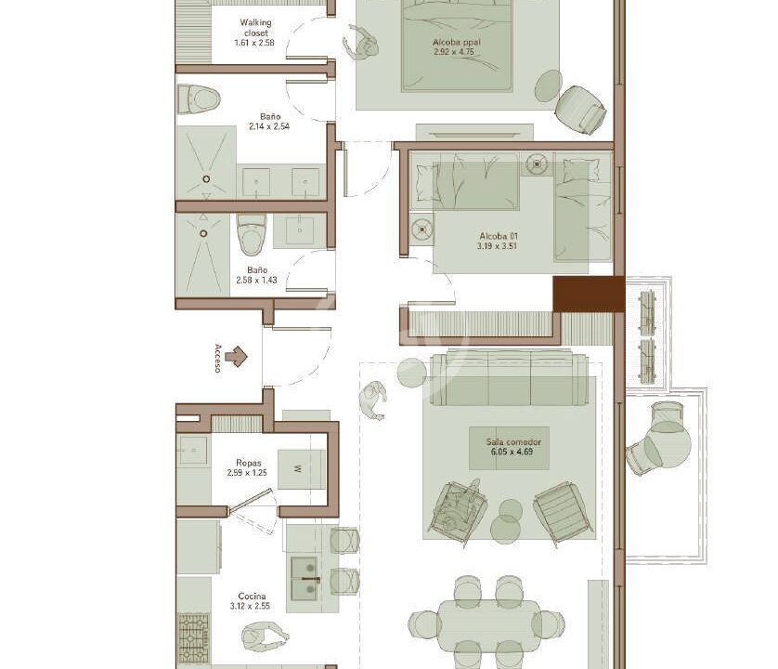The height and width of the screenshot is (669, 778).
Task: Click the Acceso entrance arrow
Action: click(236, 356)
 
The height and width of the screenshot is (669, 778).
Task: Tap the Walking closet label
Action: click(255, 27)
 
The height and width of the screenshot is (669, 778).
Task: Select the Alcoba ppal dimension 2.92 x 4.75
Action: click(453, 52)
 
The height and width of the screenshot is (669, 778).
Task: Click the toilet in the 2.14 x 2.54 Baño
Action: click(199, 98)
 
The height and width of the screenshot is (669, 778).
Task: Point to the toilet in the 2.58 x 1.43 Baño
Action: click(252, 234)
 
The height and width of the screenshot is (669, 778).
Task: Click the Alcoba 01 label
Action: click(499, 236)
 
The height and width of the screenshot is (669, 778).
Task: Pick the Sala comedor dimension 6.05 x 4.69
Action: click(512, 452)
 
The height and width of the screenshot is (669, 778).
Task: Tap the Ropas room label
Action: click(249, 463)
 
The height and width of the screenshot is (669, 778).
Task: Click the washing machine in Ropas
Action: click(301, 469)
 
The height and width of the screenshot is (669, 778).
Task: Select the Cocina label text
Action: click(252, 596)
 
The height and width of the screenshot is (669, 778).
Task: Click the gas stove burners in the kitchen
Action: click(194, 637)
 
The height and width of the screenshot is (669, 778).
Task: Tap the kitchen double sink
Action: click(305, 578)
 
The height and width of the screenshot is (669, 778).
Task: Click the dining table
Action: click(489, 625)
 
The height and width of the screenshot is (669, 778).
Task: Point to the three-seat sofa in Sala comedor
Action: click(510, 378)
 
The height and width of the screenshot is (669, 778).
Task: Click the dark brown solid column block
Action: click(589, 294)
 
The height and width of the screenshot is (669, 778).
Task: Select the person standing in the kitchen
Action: click(266, 636)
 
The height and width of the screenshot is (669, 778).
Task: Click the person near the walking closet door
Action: click(361, 44)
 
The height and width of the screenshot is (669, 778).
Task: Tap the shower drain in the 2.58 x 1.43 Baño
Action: click(203, 233)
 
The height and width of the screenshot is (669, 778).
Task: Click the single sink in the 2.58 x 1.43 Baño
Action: click(299, 231)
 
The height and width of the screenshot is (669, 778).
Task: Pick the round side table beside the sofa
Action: click(412, 372)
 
